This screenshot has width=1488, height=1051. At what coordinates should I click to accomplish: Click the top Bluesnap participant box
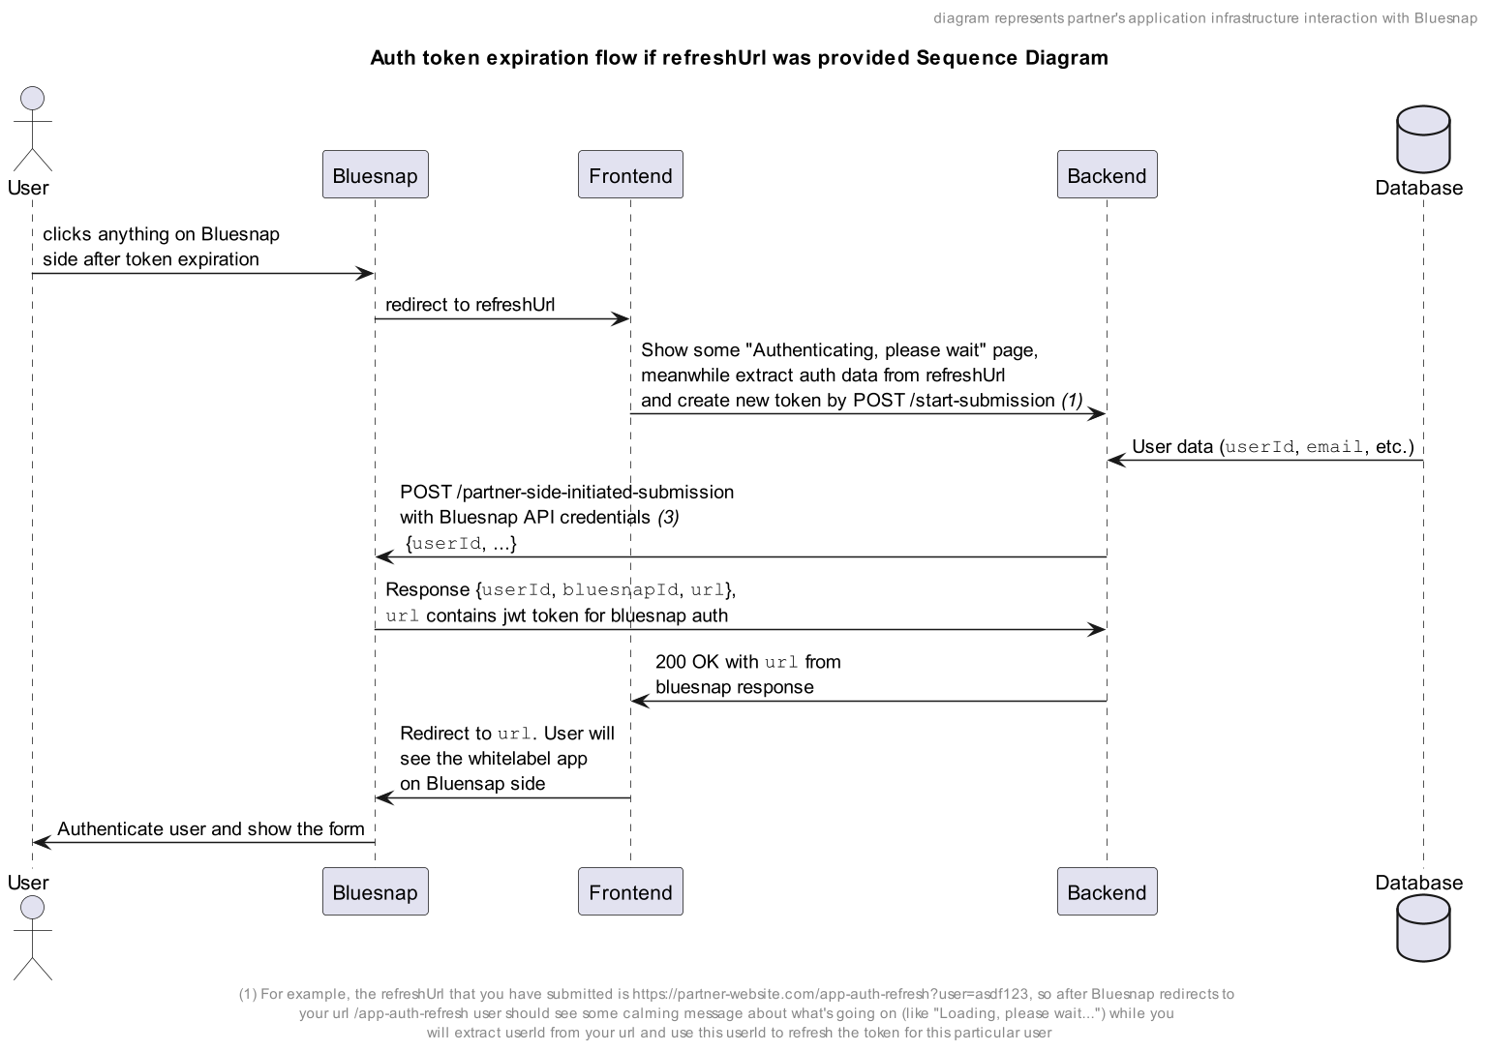click(x=376, y=174)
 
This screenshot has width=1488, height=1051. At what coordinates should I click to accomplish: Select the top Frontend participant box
click(x=630, y=174)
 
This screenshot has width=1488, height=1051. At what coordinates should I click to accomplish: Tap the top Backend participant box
click(x=1107, y=174)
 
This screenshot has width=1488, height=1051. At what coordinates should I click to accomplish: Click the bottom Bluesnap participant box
click(x=376, y=891)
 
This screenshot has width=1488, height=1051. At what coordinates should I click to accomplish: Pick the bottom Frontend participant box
click(x=630, y=891)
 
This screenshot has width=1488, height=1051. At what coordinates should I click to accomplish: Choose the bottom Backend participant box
click(x=1107, y=891)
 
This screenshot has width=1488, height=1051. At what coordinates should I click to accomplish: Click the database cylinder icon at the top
click(x=1423, y=139)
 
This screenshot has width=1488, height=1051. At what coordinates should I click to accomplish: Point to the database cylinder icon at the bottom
click(x=1423, y=928)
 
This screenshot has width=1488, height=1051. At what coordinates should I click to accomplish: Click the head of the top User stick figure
click(x=33, y=99)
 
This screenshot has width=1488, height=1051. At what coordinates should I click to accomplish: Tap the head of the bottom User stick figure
click(x=33, y=907)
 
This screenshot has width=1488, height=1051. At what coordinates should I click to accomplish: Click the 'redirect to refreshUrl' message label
click(x=470, y=305)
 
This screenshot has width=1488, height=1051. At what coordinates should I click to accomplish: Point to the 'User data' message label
click(x=1273, y=447)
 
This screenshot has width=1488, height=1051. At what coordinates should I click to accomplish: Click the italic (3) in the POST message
click(x=668, y=517)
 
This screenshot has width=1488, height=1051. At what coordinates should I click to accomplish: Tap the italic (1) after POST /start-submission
click(x=1072, y=401)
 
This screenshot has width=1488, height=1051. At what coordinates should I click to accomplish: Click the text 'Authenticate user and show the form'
click(x=211, y=828)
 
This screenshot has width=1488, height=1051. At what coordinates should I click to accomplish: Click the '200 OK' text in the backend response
click(x=687, y=662)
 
